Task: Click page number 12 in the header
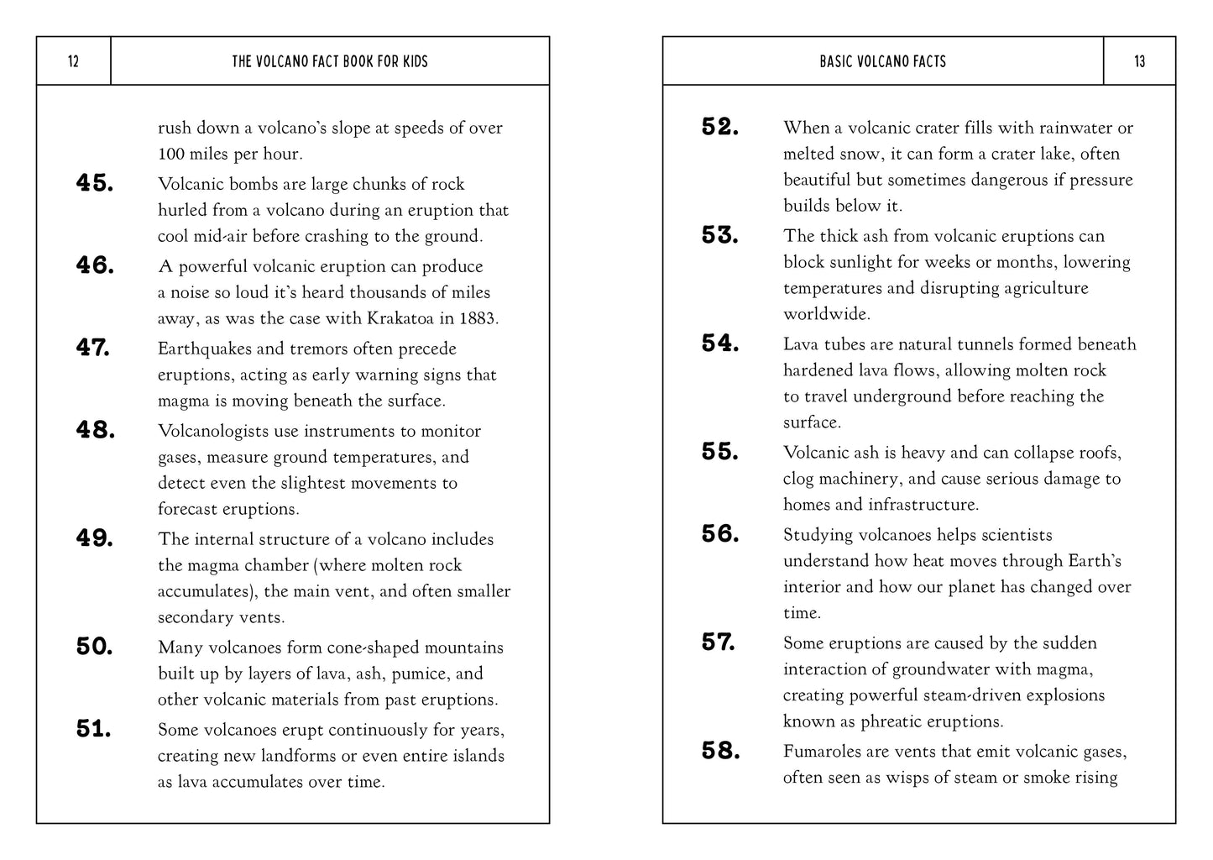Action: [x=73, y=61]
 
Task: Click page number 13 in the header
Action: [x=1139, y=61]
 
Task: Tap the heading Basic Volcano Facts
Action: [x=882, y=61]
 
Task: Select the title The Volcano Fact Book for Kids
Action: [x=330, y=61]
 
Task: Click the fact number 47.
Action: [x=93, y=348]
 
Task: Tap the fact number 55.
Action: [x=720, y=452]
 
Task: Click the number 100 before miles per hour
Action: [x=171, y=154]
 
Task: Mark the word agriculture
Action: [x=1046, y=287]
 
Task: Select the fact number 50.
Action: [x=95, y=647]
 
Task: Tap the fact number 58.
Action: [x=720, y=751]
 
